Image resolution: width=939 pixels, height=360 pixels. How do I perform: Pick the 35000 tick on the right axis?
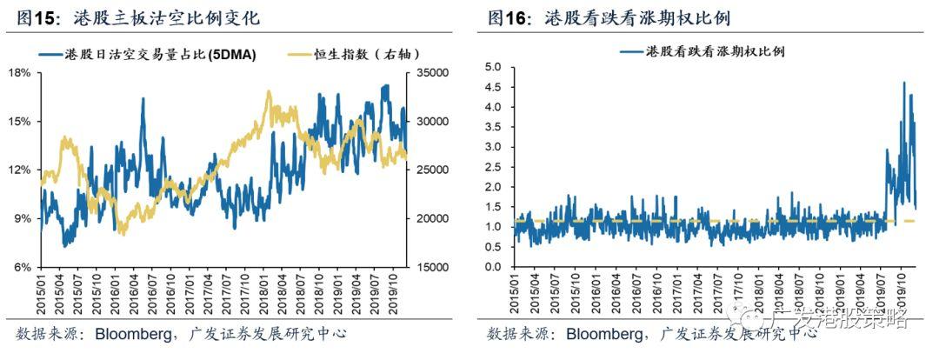[432, 73]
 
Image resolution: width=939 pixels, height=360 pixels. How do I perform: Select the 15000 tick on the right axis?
[432, 267]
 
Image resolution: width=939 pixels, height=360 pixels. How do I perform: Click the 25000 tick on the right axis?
[432, 170]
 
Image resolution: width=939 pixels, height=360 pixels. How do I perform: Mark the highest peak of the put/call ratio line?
[904, 83]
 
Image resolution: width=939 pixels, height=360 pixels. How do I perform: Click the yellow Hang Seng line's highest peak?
[269, 91]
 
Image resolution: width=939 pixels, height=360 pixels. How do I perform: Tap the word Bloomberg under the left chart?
[130, 334]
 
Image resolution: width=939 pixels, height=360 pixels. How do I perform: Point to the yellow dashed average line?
[696, 222]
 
